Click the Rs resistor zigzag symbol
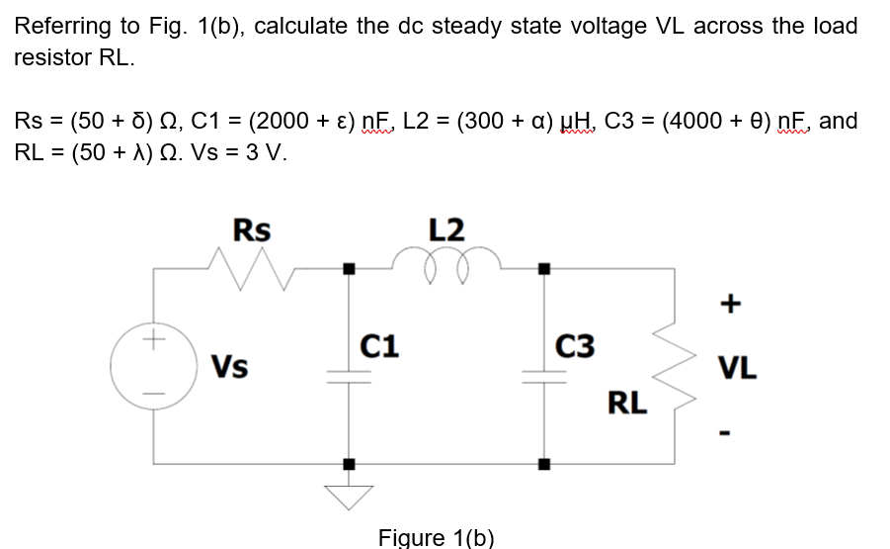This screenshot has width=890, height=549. tap(251, 266)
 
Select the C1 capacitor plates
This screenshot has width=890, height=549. tap(348, 376)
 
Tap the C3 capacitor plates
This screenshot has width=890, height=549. tap(542, 376)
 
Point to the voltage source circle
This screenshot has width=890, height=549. tap(153, 365)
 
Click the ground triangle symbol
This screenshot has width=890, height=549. tap(349, 495)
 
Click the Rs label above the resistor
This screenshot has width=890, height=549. tap(251, 229)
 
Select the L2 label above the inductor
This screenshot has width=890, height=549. tap(446, 229)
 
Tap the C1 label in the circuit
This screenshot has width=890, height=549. tap(379, 345)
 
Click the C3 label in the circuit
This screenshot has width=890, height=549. tap(575, 345)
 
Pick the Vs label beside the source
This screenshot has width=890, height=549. tap(230, 366)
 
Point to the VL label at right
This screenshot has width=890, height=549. tap(738, 369)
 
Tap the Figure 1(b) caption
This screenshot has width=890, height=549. tap(436, 537)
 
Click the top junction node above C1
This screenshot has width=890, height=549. tap(348, 267)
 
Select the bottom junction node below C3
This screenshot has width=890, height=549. tap(542, 463)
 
